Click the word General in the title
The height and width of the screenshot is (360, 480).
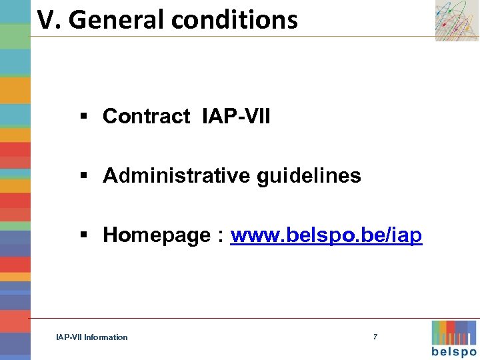(x=117, y=20)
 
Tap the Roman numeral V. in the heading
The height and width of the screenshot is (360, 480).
(x=49, y=20)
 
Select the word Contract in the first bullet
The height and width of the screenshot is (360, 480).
(x=147, y=116)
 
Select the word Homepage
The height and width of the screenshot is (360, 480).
(x=157, y=235)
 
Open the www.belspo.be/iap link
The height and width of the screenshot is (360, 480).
(x=326, y=235)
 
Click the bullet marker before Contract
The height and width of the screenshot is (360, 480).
(x=84, y=117)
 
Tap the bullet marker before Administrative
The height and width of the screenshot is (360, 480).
(x=84, y=177)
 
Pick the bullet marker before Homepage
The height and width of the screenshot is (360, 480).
(x=84, y=236)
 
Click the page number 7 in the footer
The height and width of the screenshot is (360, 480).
(x=375, y=337)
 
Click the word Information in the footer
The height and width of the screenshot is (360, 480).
(x=106, y=337)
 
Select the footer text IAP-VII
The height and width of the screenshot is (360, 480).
(x=69, y=337)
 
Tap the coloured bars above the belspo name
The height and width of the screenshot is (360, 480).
(x=454, y=332)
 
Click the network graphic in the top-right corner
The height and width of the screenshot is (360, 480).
(x=457, y=21)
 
